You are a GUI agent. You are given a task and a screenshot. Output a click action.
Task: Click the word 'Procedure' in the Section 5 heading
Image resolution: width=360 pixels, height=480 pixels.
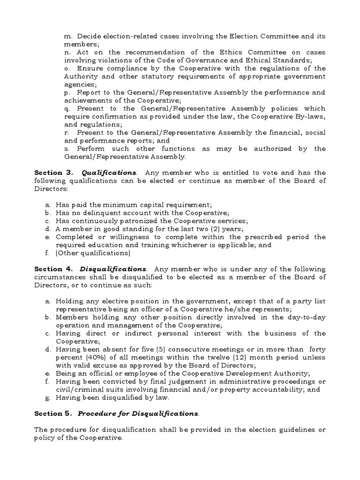pos(97,413)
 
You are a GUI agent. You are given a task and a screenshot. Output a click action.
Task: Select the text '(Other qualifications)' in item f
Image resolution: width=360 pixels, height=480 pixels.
pos(92,253)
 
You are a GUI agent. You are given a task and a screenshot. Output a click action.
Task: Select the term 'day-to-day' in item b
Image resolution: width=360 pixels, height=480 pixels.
pos(305,317)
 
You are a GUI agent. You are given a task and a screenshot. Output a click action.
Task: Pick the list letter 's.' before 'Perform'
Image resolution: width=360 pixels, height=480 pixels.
pos(66,149)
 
